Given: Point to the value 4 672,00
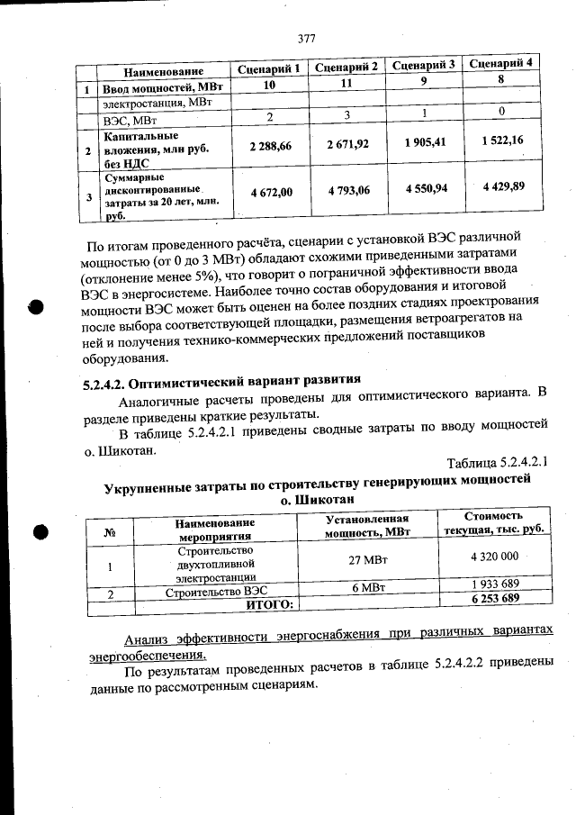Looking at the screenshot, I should pyautogui.click(x=271, y=192).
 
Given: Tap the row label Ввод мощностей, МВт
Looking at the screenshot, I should pyautogui.click(x=162, y=88).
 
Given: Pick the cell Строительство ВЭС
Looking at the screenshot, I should pyautogui.click(x=217, y=592).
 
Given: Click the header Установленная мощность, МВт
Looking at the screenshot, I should pyautogui.click(x=367, y=525).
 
